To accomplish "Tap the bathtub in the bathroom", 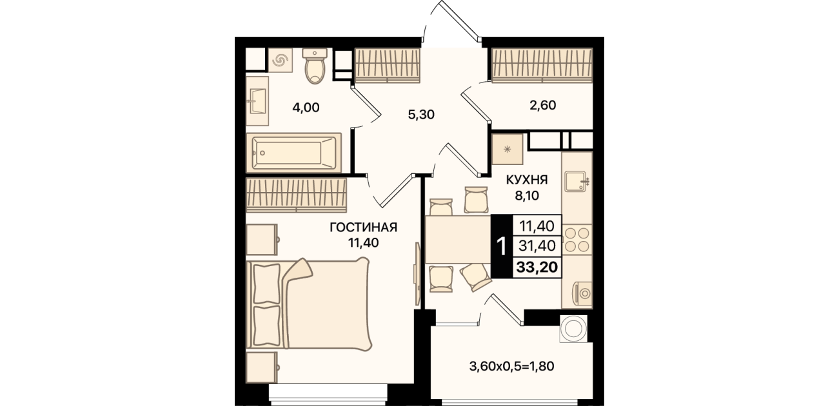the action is click(293, 153).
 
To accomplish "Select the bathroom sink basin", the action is click(257, 101).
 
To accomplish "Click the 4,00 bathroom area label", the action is click(306, 108).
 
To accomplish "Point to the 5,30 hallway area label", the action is click(421, 115).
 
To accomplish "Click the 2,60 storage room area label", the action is click(543, 105).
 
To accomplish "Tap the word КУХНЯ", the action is click(527, 180).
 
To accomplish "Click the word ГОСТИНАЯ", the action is click(363, 227).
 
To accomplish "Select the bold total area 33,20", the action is click(537, 267).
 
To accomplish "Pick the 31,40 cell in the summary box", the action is click(537, 246).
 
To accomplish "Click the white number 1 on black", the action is click(502, 246).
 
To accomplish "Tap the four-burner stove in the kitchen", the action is click(577, 240).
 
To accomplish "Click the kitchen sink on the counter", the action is click(577, 182).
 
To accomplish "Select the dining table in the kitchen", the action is click(458, 238).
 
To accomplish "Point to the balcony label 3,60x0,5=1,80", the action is click(511, 366).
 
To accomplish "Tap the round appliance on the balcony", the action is click(573, 329).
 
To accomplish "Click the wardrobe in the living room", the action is click(296, 195).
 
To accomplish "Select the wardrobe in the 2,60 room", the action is click(542, 65).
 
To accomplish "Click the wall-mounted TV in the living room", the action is click(417, 274).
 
